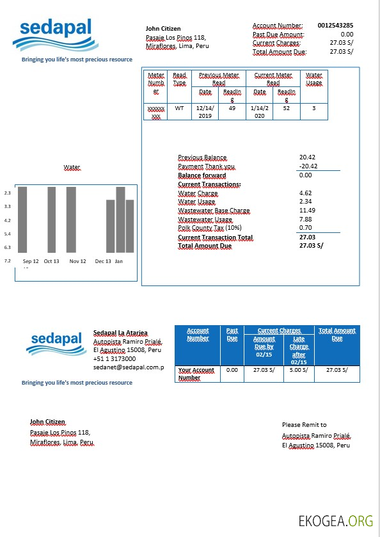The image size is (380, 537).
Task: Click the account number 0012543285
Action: tap(335, 26)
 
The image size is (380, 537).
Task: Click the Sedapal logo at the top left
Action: tap(56, 35)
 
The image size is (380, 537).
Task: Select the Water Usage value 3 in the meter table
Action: tap(313, 108)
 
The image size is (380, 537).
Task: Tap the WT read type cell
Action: tap(179, 108)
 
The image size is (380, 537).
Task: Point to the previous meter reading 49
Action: tap(232, 108)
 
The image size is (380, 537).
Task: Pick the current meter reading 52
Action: tap(286, 108)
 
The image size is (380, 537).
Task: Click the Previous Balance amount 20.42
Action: tap(307, 157)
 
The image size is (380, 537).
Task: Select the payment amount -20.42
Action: tap(308, 166)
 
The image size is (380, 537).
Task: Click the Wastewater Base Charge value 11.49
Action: tap(307, 211)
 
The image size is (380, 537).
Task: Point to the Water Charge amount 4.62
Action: tap(305, 193)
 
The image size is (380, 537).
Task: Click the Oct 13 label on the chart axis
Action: tap(51, 261)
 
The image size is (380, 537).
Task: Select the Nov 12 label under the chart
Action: tap(78, 261)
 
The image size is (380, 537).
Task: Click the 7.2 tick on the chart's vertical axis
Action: tap(8, 261)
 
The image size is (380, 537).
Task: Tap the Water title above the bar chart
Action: tap(72, 167)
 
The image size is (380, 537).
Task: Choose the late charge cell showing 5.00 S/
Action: tap(299, 370)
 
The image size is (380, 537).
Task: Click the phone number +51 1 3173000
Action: tap(115, 359)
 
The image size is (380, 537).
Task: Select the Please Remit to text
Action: tap(304, 424)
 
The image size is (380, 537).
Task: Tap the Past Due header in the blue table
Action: tap(232, 334)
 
